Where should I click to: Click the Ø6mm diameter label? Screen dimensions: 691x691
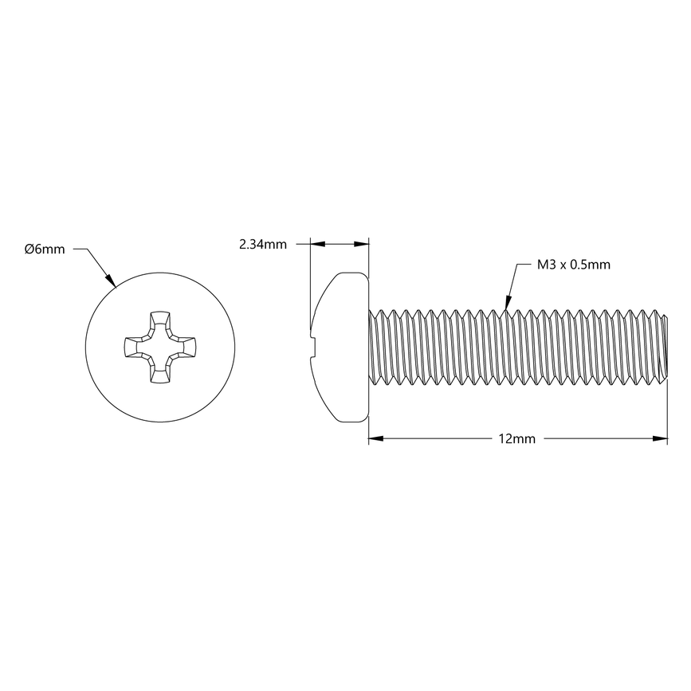(45, 249)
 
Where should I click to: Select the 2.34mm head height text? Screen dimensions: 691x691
(262, 245)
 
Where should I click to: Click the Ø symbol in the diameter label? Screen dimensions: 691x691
(29, 249)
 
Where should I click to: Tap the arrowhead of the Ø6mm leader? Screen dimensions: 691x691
(112, 281)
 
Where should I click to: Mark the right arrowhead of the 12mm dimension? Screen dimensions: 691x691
(660, 438)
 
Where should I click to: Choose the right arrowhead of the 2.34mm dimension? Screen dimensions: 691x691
(362, 245)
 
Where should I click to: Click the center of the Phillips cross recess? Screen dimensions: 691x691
(159, 347)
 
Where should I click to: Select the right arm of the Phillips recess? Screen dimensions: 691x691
(188, 347)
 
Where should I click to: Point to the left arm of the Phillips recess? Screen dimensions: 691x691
(132, 347)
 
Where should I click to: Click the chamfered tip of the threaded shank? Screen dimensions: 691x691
(662, 347)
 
